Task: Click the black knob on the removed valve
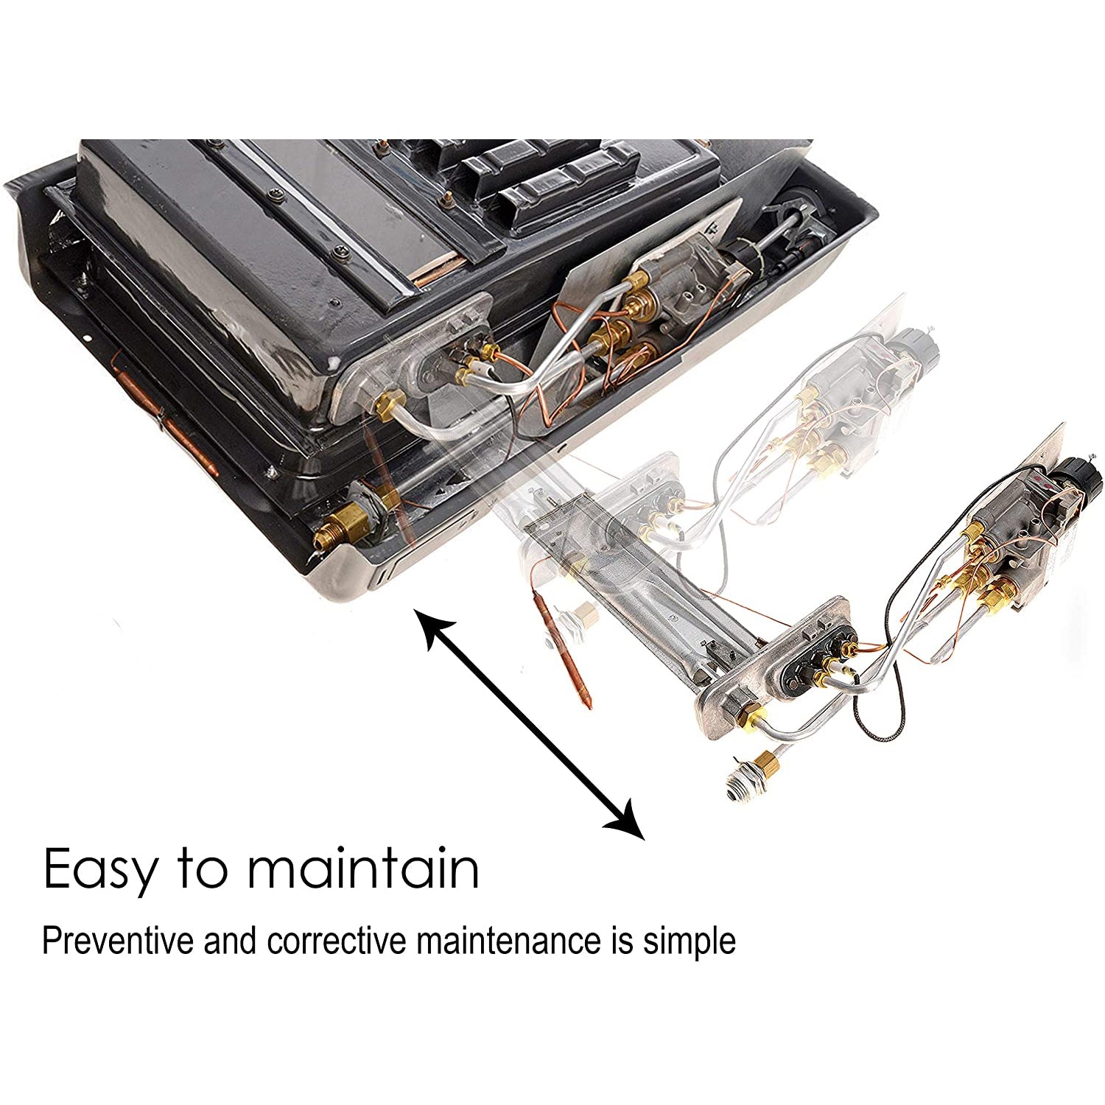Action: (x=1081, y=479)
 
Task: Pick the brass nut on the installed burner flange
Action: (x=388, y=405)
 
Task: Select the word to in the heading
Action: (x=203, y=871)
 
